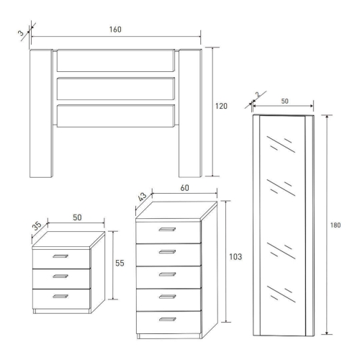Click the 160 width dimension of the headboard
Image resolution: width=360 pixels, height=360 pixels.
click(x=115, y=30)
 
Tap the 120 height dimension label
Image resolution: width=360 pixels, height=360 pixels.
click(x=221, y=106)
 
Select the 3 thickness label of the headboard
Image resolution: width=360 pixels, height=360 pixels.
click(x=21, y=33)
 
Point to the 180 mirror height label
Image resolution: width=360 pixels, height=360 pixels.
click(x=336, y=225)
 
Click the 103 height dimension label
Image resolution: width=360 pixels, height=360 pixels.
click(x=235, y=257)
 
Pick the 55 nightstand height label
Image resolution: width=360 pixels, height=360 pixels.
click(x=120, y=263)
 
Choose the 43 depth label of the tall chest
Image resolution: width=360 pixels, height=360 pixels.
click(x=143, y=197)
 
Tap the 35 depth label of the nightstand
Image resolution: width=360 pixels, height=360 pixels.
click(x=37, y=226)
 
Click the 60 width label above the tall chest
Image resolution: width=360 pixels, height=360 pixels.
click(x=184, y=188)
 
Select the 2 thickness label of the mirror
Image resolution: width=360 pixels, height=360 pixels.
click(x=258, y=94)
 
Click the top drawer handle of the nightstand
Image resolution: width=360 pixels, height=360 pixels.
click(x=60, y=256)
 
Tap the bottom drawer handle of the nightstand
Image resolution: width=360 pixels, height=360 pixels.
click(x=60, y=297)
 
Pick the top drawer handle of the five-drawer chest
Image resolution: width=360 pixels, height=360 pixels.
click(x=167, y=230)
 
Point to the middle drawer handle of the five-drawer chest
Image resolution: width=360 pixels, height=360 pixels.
click(x=167, y=274)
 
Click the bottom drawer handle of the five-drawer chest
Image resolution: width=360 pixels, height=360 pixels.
click(x=167, y=319)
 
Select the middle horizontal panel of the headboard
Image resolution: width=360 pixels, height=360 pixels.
click(x=116, y=89)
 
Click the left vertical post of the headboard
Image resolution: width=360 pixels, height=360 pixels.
click(x=41, y=113)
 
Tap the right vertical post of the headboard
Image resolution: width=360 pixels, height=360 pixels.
click(x=190, y=113)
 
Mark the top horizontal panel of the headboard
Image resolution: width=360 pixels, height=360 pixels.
click(x=116, y=60)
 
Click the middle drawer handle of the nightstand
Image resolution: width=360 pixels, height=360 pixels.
click(x=60, y=276)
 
